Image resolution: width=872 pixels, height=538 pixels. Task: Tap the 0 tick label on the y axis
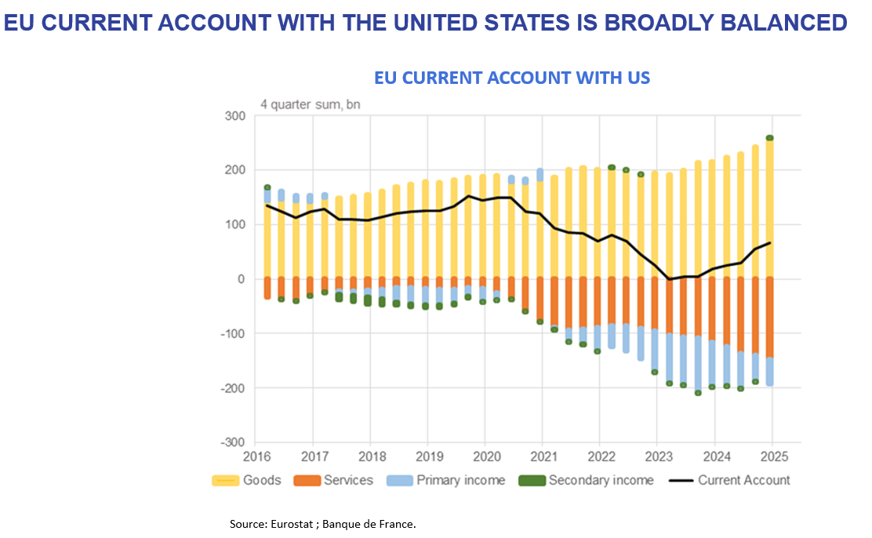[242, 279]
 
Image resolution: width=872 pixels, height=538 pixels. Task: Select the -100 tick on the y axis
[234, 333]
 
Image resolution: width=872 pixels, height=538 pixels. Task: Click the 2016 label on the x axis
[257, 456]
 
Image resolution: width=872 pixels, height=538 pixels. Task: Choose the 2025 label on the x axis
[772, 456]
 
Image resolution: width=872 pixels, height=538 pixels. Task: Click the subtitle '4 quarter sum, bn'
[310, 104]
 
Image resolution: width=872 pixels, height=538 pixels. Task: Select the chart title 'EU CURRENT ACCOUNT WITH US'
[512, 78]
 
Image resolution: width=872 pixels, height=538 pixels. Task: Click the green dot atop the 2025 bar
[770, 138]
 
